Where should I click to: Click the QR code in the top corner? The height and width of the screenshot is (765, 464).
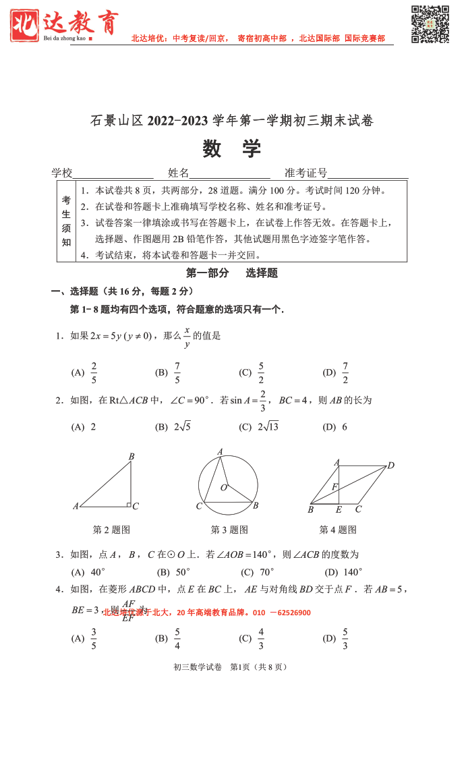coord(430,24)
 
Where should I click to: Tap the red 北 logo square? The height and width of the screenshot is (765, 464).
coord(25,24)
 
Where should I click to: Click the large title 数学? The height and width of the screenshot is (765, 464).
coord(231,149)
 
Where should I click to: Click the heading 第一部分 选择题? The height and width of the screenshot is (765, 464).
coord(231,273)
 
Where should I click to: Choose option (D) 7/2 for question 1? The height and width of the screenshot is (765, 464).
coord(337,372)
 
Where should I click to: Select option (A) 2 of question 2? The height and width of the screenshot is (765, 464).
coord(84,427)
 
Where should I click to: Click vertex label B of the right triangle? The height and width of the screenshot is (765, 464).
coord(132,457)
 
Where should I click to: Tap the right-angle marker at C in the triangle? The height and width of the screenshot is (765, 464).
coord(127,503)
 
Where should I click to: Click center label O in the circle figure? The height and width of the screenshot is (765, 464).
coord(224,488)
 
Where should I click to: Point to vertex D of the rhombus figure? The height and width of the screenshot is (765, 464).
coord(390,465)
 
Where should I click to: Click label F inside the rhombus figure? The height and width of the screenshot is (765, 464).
coord(334,487)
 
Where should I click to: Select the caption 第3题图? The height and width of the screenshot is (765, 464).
coord(229,530)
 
